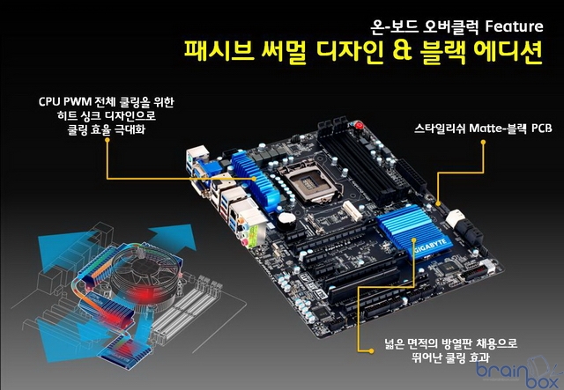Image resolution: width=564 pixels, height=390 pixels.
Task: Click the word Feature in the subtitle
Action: (514, 26)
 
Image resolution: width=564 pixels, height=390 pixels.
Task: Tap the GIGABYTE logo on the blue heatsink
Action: (430, 245)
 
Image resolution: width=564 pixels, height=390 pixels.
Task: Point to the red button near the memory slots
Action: (359, 126)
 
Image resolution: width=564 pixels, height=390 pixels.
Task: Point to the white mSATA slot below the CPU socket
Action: (352, 210)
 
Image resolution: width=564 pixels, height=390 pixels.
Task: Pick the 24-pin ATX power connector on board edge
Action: (412, 179)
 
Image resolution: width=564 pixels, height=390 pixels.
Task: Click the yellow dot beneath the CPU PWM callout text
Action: (107, 140)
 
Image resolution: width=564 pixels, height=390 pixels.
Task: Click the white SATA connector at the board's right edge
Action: (455, 217)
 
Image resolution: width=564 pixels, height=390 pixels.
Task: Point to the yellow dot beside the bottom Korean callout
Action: (371, 350)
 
